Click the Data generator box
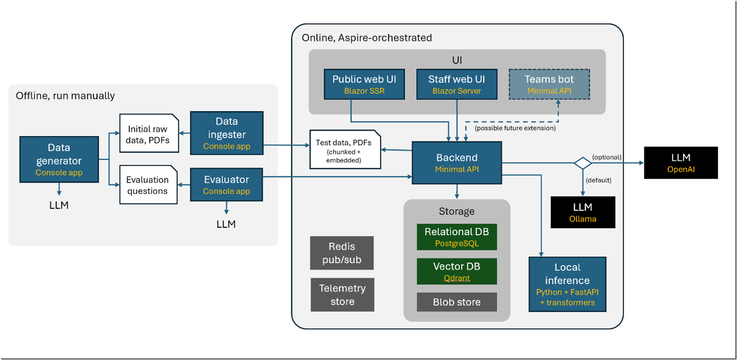tap(59, 159)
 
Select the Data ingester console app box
tap(227, 133)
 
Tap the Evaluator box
tap(227, 185)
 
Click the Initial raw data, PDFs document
tap(149, 134)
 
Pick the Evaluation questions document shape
tap(148, 185)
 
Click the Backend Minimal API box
tap(457, 163)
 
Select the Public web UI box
tap(364, 84)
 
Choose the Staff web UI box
tap(457, 84)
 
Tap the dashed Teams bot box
tap(549, 84)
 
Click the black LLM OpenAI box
tap(681, 163)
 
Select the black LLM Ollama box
tap(583, 212)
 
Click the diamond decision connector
tap(583, 163)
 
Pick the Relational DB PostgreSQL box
tap(457, 237)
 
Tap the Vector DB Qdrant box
tap(457, 271)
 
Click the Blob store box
tap(457, 302)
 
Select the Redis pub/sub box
tap(342, 253)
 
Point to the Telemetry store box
tap(342, 295)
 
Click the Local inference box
tap(567, 284)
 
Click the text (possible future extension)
tap(515, 128)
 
